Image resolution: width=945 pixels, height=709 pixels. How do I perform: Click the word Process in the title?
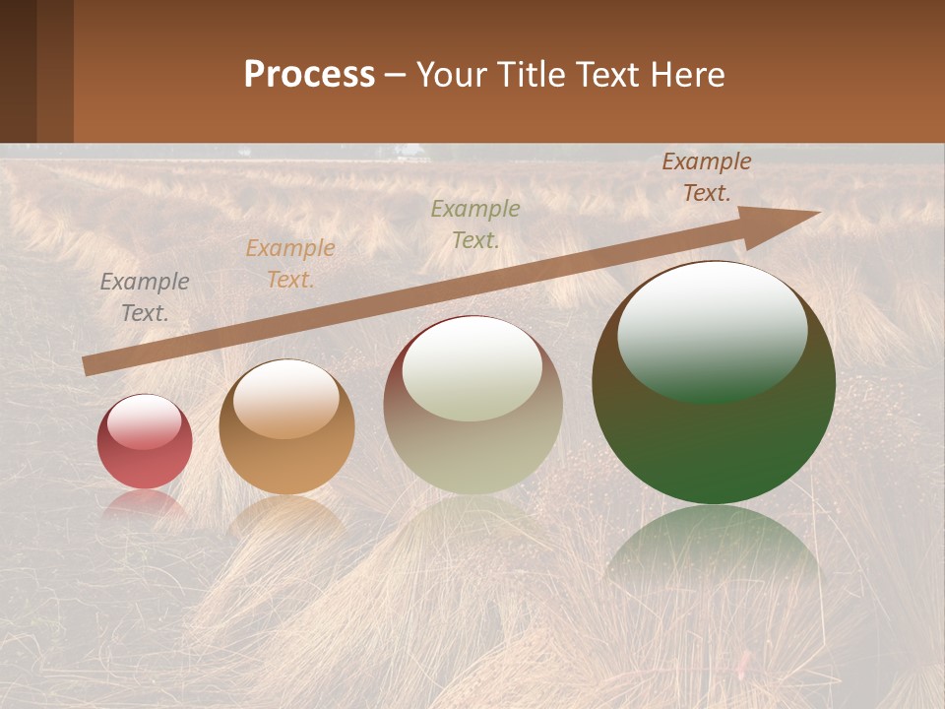[x=309, y=74]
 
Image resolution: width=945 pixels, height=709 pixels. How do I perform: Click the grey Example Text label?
[x=145, y=297]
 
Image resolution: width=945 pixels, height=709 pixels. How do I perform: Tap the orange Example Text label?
[x=290, y=264]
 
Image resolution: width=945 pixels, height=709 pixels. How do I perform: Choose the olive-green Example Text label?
[x=475, y=224]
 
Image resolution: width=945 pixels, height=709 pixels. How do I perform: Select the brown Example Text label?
[x=707, y=177]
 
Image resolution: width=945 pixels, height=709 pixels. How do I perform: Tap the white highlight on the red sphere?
[x=145, y=421]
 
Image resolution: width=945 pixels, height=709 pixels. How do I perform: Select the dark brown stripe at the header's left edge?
[x=18, y=71]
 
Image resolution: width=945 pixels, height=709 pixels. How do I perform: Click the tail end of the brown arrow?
[x=89, y=365]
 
